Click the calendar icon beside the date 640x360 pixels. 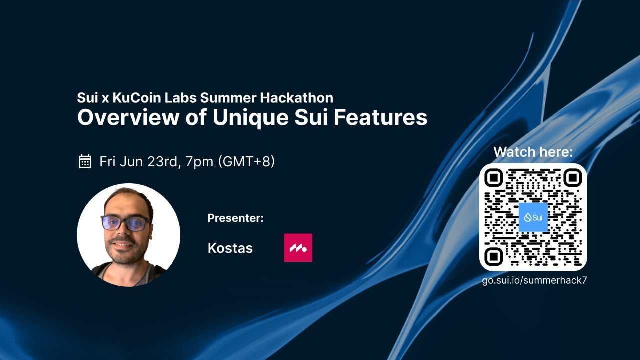pyautogui.click(x=85, y=161)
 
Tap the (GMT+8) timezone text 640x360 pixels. pyautogui.click(x=246, y=162)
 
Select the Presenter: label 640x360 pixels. pyautogui.click(x=235, y=218)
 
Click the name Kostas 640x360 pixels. pyautogui.click(x=230, y=248)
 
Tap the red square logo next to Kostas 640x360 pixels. pyautogui.click(x=298, y=248)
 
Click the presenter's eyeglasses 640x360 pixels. pyautogui.click(x=126, y=223)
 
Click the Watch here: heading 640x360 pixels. pyautogui.click(x=533, y=152)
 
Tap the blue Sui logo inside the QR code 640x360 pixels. pyautogui.click(x=533, y=217)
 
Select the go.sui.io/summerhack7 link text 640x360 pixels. pyautogui.click(x=534, y=280)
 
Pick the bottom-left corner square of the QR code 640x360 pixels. pyautogui.click(x=494, y=256)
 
